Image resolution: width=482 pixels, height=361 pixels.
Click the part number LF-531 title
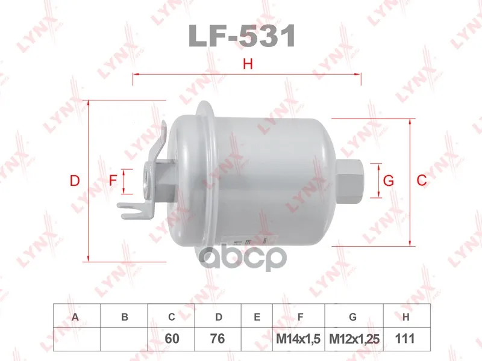point(242,36)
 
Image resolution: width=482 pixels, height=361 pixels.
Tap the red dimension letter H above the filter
point(248,64)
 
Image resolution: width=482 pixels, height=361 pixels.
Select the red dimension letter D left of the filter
point(75,180)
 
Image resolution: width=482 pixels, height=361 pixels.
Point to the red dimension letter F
point(113,180)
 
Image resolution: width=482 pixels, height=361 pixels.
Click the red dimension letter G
point(389,180)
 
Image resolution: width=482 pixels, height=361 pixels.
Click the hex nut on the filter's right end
point(350,180)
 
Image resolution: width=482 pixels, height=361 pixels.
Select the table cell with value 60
point(171,339)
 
